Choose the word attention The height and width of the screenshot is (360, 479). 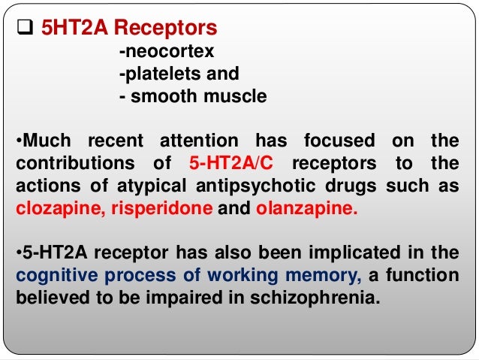point(204,141)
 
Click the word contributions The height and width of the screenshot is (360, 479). point(71,162)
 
